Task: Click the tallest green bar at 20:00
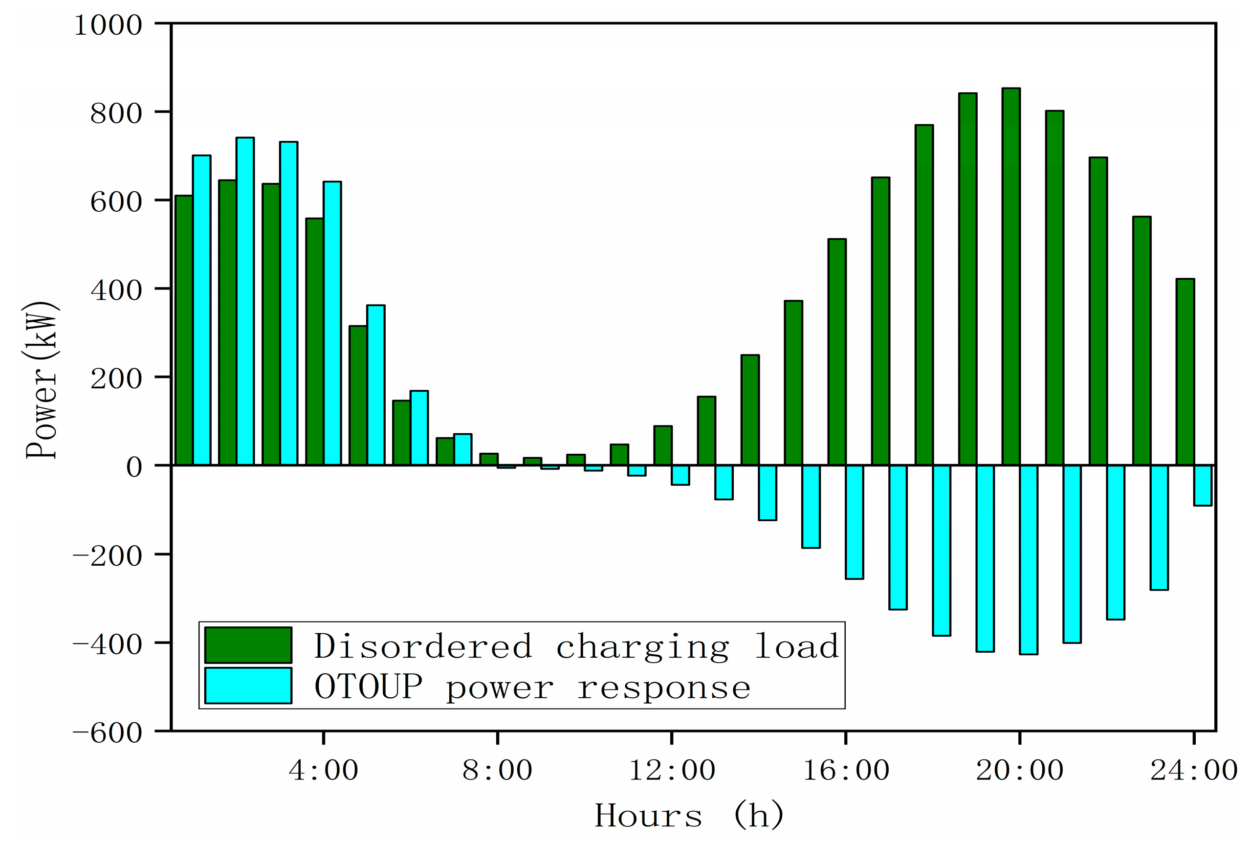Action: pos(1011,277)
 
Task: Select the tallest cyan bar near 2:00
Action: pos(245,301)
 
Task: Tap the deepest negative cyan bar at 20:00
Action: pos(1029,559)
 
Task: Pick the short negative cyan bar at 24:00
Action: pos(1203,486)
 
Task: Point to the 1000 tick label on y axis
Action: pos(108,25)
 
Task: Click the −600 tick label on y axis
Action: pos(107,733)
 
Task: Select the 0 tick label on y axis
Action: pos(134,466)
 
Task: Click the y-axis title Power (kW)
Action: pos(42,379)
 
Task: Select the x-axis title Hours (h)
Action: pos(689,816)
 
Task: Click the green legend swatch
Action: pos(248,645)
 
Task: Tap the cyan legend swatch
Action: pos(248,686)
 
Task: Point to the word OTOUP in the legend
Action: pos(369,687)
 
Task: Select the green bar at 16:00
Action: pos(836,352)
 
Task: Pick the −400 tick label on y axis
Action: pos(107,644)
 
